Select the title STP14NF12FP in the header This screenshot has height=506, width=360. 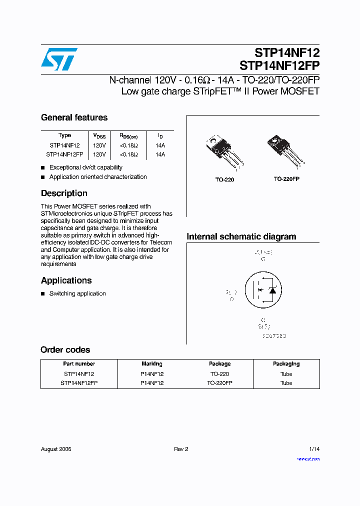click(x=279, y=65)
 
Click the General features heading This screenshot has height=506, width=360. click(x=74, y=117)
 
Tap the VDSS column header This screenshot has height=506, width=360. click(x=99, y=135)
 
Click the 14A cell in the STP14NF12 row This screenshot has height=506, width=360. click(x=160, y=145)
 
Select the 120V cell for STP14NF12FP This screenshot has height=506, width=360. click(x=99, y=154)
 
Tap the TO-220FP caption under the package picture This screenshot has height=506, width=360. click(x=286, y=178)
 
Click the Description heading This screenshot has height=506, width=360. click(x=64, y=193)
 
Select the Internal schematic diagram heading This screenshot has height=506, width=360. click(x=241, y=236)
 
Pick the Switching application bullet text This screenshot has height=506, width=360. click(x=77, y=293)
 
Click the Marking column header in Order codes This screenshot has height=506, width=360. click(x=152, y=364)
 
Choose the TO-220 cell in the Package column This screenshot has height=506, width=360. click(x=219, y=374)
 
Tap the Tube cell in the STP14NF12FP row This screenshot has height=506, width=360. click(x=286, y=383)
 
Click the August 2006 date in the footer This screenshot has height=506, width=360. click(x=56, y=449)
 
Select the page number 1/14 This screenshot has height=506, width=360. click(x=314, y=449)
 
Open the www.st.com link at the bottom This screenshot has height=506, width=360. click(x=308, y=458)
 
